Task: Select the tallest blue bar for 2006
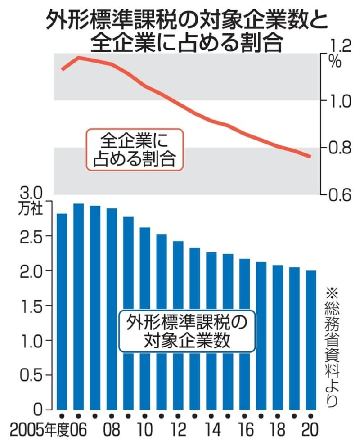(x=79, y=306)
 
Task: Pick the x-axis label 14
(x=211, y=430)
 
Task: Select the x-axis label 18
(x=278, y=430)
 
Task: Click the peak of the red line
(x=79, y=58)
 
